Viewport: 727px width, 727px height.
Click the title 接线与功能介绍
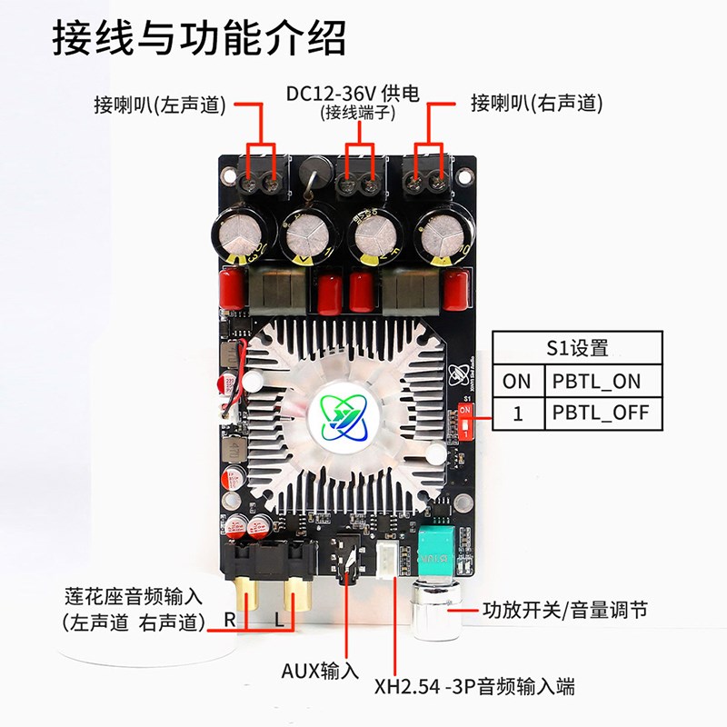coord(199,37)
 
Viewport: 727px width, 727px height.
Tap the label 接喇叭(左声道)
coord(159,105)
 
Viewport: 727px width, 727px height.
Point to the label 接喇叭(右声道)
coord(536,104)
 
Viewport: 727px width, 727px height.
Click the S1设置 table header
coord(577,348)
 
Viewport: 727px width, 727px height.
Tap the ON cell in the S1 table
coord(516,381)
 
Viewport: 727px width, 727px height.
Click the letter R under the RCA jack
coord(230,621)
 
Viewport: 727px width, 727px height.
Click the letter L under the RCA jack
coord(280,621)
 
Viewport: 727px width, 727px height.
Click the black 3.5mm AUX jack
coord(347,556)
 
